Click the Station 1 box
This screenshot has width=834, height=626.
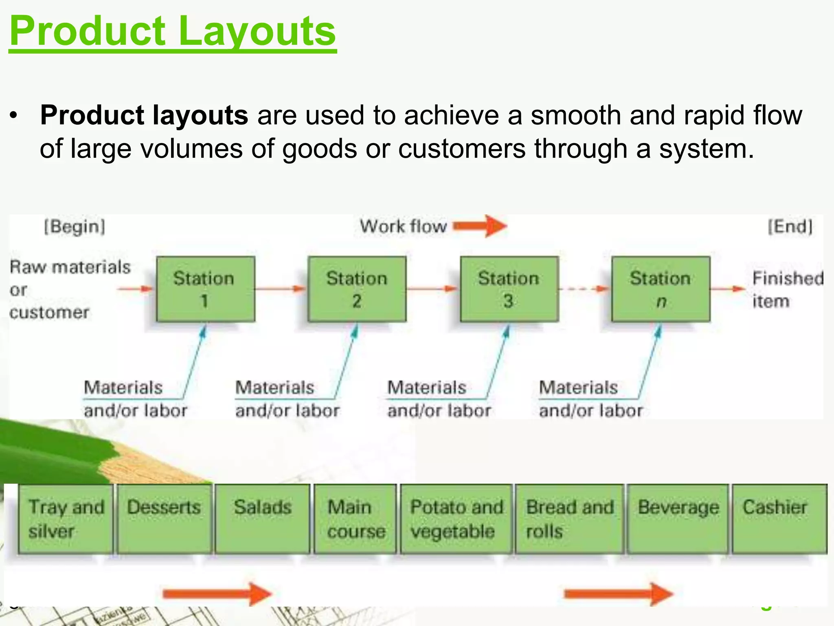click(x=205, y=289)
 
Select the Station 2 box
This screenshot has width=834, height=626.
click(x=357, y=289)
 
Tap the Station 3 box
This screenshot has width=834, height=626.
click(x=509, y=289)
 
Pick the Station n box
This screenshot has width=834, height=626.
click(x=661, y=289)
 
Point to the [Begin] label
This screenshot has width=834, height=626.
click(x=75, y=227)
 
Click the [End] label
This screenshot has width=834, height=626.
click(x=790, y=227)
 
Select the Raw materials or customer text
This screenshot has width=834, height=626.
click(x=69, y=289)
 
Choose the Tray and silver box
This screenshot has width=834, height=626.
click(x=66, y=519)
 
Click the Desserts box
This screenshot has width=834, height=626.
click(x=164, y=519)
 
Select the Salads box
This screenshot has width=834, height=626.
click(x=262, y=519)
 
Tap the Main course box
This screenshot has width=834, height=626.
click(x=355, y=519)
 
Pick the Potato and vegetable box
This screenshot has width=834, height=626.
click(x=456, y=519)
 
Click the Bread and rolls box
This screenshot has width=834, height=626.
click(x=569, y=519)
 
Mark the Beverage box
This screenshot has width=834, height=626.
click(x=678, y=519)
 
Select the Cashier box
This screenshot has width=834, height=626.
click(x=779, y=519)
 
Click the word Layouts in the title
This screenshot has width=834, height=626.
click(x=257, y=32)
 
